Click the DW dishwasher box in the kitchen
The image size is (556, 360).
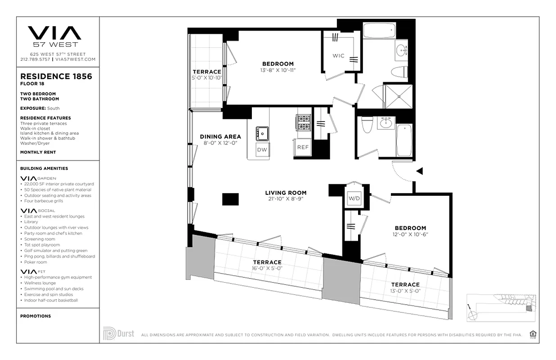tap(262, 149)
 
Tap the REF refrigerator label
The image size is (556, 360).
tap(303, 147)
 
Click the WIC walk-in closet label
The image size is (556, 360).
tap(338, 56)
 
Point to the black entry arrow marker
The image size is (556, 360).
tap(419, 171)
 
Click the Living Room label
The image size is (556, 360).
tap(286, 193)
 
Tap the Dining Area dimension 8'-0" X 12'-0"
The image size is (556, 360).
tap(220, 143)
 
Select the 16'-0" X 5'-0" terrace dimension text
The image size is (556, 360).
tap(267, 268)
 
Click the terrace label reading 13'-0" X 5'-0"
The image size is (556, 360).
tap(405, 290)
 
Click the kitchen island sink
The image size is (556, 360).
tap(262, 133)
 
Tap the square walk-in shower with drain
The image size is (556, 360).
tap(398, 96)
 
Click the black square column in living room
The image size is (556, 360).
tap(230, 198)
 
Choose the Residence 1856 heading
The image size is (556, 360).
tap(56, 76)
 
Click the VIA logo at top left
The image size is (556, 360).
tap(54, 33)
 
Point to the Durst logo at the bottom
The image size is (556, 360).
tap(119, 333)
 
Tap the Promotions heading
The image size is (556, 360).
tap(36, 316)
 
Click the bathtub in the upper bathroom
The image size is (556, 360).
tap(379, 31)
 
